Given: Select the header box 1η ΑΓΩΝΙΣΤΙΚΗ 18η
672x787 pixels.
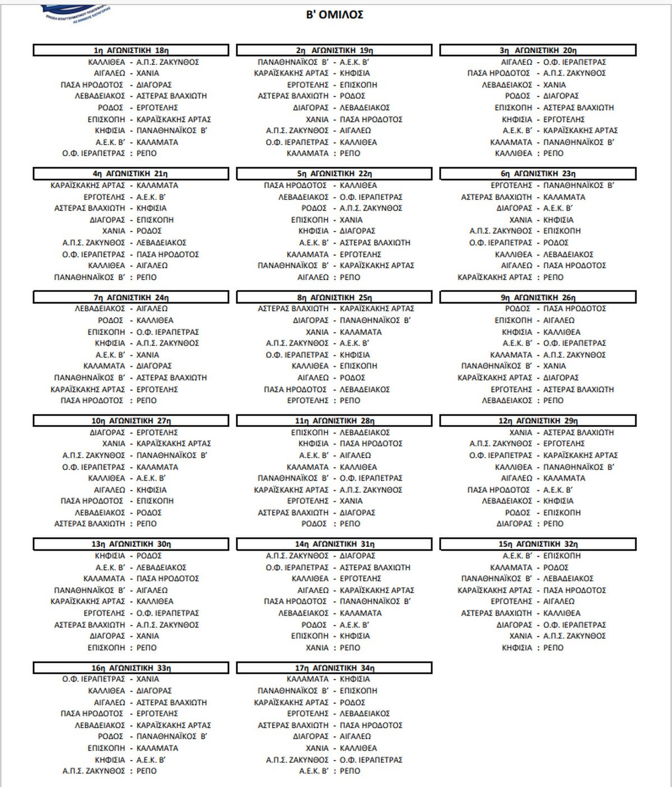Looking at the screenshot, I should coord(131,50).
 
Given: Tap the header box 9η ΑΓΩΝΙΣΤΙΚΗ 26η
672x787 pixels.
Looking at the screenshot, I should coord(538,297).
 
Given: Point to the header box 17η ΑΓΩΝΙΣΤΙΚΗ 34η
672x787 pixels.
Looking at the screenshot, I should coord(334,668).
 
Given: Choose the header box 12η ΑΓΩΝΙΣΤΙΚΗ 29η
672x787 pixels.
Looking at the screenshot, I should coord(538,421).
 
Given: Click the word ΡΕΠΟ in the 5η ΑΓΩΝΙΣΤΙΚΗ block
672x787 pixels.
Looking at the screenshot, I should coord(350,277).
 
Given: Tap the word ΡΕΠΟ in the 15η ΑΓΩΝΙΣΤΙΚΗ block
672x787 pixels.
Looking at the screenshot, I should coord(553,648).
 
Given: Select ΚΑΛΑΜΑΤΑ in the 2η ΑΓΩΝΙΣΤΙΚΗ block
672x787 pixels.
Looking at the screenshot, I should coord(307,153).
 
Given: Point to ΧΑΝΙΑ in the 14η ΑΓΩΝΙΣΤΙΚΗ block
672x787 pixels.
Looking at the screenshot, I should coord(318,648).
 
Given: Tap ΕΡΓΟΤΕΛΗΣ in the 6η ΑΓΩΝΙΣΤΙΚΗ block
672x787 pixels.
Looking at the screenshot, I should coord(511,185).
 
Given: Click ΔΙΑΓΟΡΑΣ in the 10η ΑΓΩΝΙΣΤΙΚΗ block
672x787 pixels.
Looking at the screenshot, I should coord(107,432).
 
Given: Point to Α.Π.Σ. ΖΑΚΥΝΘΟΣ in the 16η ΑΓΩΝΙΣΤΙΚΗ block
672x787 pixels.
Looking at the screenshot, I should coord(94,771).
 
